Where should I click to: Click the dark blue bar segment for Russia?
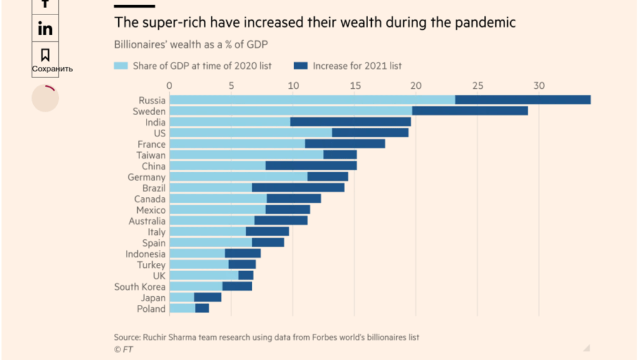pyautogui.click(x=523, y=100)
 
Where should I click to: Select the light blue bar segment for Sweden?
pyautogui.click(x=290, y=111)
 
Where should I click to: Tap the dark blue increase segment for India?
pyautogui.click(x=351, y=122)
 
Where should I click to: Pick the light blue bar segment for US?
pyautogui.click(x=250, y=133)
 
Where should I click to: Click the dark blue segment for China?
pyautogui.click(x=311, y=166)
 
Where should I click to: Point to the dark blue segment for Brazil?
pyautogui.click(x=298, y=188)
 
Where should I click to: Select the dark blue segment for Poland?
pyautogui.click(x=202, y=309)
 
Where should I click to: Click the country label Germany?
pyautogui.click(x=146, y=177)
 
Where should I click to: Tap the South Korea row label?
pyautogui.click(x=140, y=287)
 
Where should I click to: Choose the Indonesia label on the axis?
pyautogui.click(x=145, y=254)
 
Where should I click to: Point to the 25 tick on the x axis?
pyautogui.click(x=478, y=86)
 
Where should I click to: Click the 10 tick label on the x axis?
pyautogui.click(x=292, y=86)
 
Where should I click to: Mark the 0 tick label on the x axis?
pyautogui.click(x=170, y=86)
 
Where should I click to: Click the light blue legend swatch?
pyautogui.click(x=121, y=66)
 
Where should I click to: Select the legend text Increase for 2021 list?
pyautogui.click(x=357, y=66)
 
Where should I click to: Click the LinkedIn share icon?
pyautogui.click(x=45, y=29)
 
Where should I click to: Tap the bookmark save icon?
pyautogui.click(x=45, y=54)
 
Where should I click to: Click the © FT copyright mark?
pyautogui.click(x=123, y=349)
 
